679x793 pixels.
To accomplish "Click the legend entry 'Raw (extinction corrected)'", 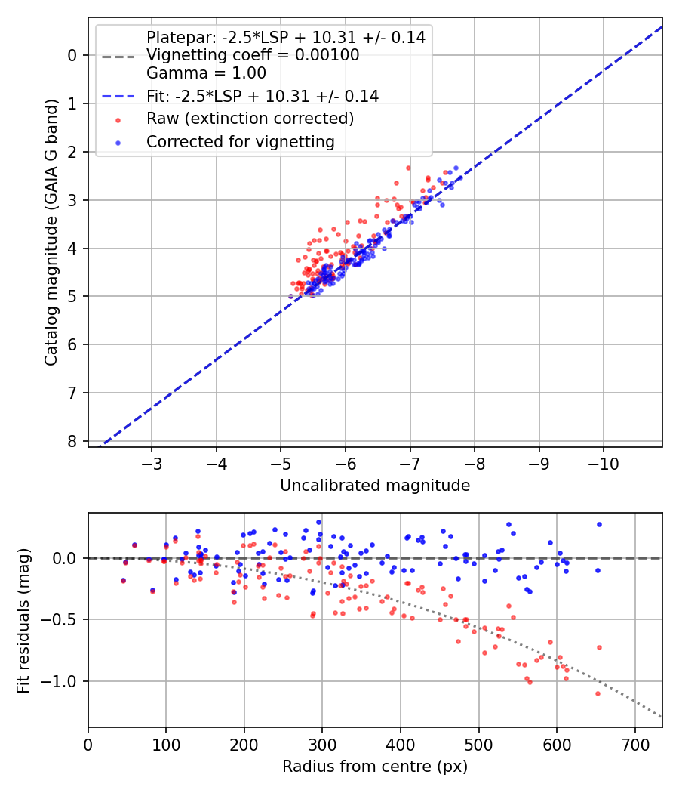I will coord(250,119).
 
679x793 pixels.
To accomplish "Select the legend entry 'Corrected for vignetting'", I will coord(241,141).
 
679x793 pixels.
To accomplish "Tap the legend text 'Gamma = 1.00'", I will coord(206,73).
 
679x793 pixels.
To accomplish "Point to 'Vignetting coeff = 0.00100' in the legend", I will coord(253,55).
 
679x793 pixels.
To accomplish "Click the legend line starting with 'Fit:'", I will coord(262,96).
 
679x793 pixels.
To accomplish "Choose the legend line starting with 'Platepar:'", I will coord(285,37).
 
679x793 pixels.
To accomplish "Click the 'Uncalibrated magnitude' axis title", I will coord(375,486).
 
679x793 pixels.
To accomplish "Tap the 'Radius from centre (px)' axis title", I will coord(375,767).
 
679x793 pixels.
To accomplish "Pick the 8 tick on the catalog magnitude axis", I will coord(72,441).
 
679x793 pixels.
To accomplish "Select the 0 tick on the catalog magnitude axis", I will coord(72,55).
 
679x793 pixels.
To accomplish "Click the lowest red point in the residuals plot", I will coord(598,693).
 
